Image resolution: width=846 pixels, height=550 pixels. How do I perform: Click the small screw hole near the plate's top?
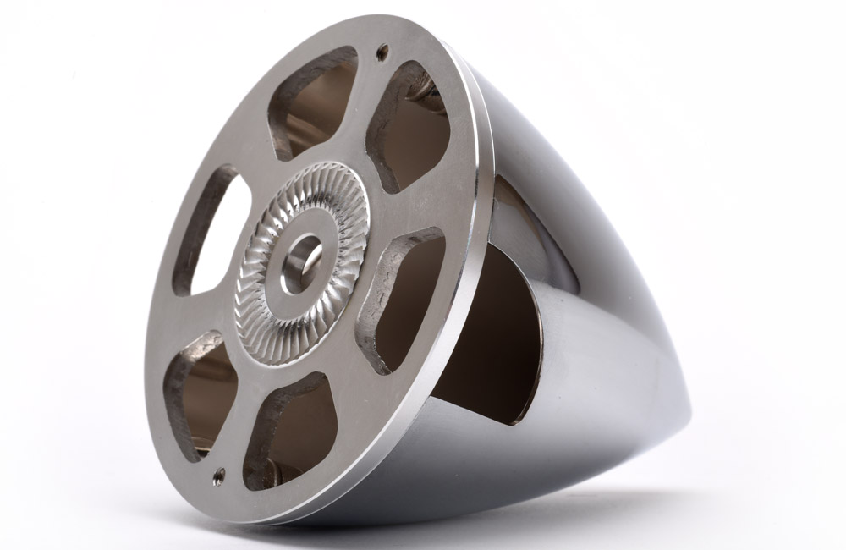point(383,52)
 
